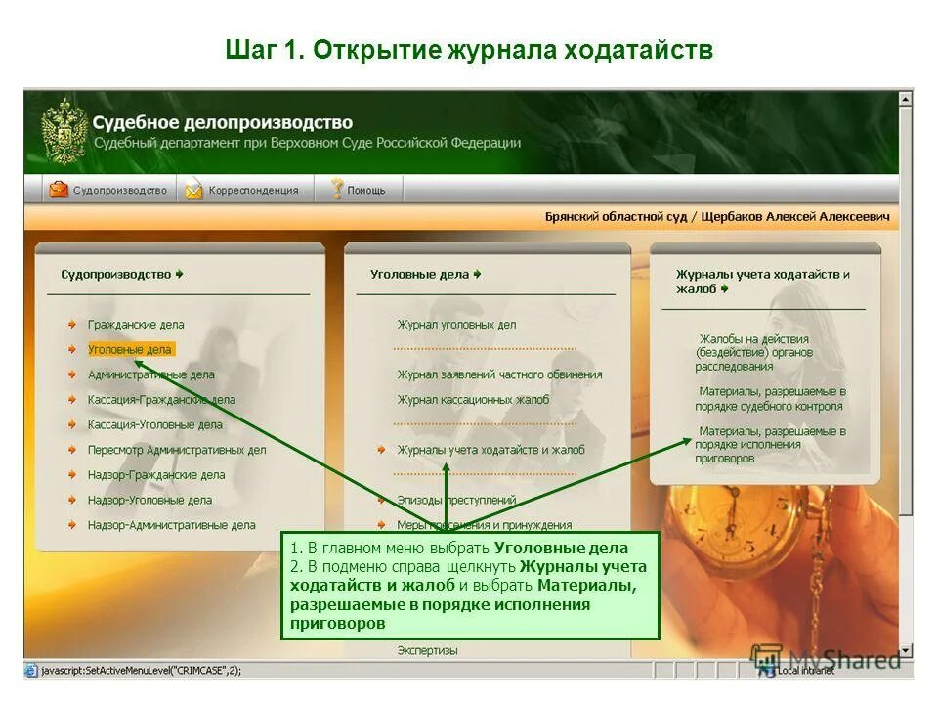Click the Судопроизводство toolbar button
coord(108,190)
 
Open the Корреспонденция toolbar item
coord(243,190)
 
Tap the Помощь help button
coord(358,190)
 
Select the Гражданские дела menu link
coord(136,324)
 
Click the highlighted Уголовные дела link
coord(129,349)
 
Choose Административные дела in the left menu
coord(150,374)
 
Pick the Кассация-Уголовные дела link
coord(154,424)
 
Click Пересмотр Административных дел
coord(176,450)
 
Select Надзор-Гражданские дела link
coord(156,474)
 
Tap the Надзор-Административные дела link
coord(171,525)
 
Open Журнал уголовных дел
coord(456,324)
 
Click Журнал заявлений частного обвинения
coord(499,374)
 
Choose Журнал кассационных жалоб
coord(473,399)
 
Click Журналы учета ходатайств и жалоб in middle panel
coord(490,450)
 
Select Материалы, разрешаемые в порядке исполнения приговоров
coord(770,444)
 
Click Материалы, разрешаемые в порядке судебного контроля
coord(770,398)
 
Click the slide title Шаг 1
coord(469,49)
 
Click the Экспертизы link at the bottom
coord(427,650)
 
